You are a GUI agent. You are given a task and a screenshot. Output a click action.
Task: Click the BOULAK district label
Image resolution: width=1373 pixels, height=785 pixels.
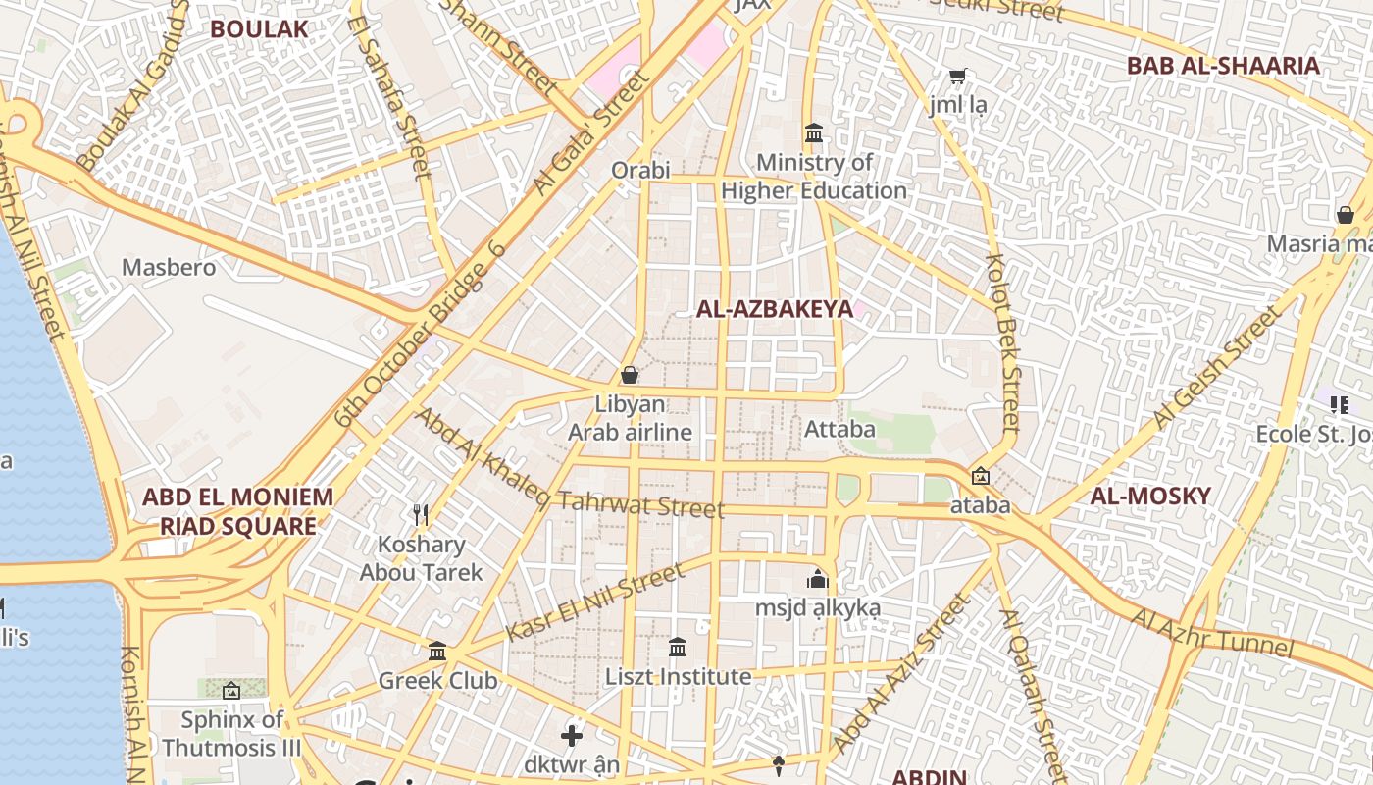pyautogui.click(x=259, y=29)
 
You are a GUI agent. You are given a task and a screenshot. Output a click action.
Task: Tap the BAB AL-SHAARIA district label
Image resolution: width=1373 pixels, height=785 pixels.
pyautogui.click(x=1223, y=66)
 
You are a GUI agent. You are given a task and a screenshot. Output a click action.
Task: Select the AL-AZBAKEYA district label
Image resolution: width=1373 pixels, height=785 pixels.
pyautogui.click(x=774, y=309)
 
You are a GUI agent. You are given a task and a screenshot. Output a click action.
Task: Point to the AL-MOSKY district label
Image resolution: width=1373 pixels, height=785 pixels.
pyautogui.click(x=1150, y=496)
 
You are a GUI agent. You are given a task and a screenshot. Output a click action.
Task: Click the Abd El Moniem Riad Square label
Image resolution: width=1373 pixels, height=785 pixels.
pyautogui.click(x=238, y=511)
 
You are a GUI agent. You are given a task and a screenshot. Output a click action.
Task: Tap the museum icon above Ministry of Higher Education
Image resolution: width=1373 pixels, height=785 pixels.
pyautogui.click(x=814, y=132)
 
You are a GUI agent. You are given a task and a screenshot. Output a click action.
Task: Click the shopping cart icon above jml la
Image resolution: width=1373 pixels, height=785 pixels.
pyautogui.click(x=958, y=76)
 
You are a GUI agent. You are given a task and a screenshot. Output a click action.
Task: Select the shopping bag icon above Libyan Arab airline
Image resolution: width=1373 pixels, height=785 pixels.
pyautogui.click(x=630, y=375)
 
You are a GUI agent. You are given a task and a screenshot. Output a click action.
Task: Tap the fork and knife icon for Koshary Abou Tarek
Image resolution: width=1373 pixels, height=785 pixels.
pyautogui.click(x=422, y=514)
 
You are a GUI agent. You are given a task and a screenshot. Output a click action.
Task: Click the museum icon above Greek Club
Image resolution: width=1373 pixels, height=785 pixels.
pyautogui.click(x=437, y=651)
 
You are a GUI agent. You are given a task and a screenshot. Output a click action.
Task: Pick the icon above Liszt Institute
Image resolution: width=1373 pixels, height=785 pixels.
pyautogui.click(x=678, y=647)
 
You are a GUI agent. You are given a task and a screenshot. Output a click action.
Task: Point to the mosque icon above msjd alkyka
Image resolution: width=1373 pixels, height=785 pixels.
pyautogui.click(x=817, y=579)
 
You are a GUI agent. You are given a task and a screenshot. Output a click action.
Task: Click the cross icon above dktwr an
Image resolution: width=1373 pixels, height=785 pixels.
pyautogui.click(x=572, y=735)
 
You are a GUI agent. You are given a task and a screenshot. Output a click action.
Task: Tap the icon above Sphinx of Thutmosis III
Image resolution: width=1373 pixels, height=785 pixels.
pyautogui.click(x=231, y=691)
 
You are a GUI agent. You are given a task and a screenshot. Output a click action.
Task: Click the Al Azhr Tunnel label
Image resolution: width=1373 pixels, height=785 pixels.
pyautogui.click(x=1212, y=634)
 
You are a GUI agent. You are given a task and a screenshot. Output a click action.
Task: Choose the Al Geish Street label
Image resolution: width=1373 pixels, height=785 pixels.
pyautogui.click(x=1216, y=367)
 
